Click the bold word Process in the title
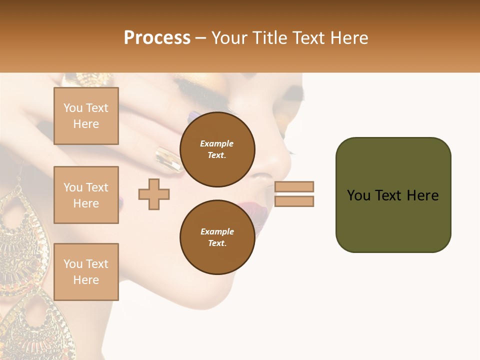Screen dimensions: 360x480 pyautogui.click(x=157, y=38)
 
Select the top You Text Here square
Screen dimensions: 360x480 pyautogui.click(x=86, y=116)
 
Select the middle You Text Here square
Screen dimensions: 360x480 pyautogui.click(x=86, y=195)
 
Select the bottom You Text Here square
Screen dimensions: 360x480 pyautogui.click(x=86, y=271)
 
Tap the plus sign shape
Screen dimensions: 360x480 pyautogui.click(x=154, y=193)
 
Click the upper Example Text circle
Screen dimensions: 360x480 pyautogui.click(x=217, y=149)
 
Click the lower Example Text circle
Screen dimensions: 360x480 pyautogui.click(x=217, y=237)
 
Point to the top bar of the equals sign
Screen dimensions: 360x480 pyautogui.click(x=294, y=186)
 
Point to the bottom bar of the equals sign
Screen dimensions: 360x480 pyautogui.click(x=294, y=201)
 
